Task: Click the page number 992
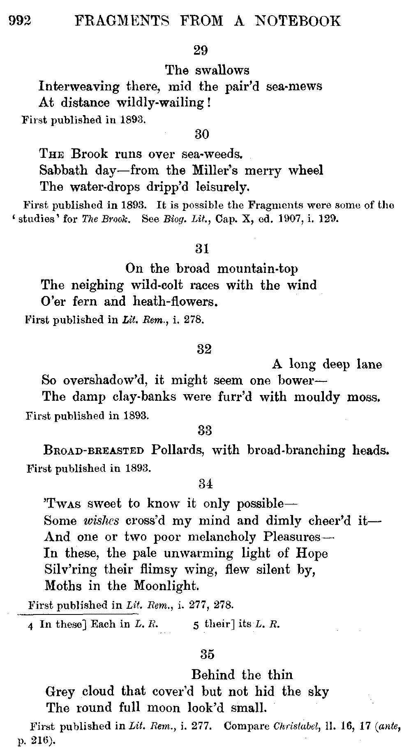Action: [20, 20]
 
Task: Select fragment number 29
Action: [201, 51]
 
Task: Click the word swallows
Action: [222, 70]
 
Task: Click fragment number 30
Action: [201, 134]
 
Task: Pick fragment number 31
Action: [201, 249]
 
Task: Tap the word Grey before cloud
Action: [60, 691]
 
